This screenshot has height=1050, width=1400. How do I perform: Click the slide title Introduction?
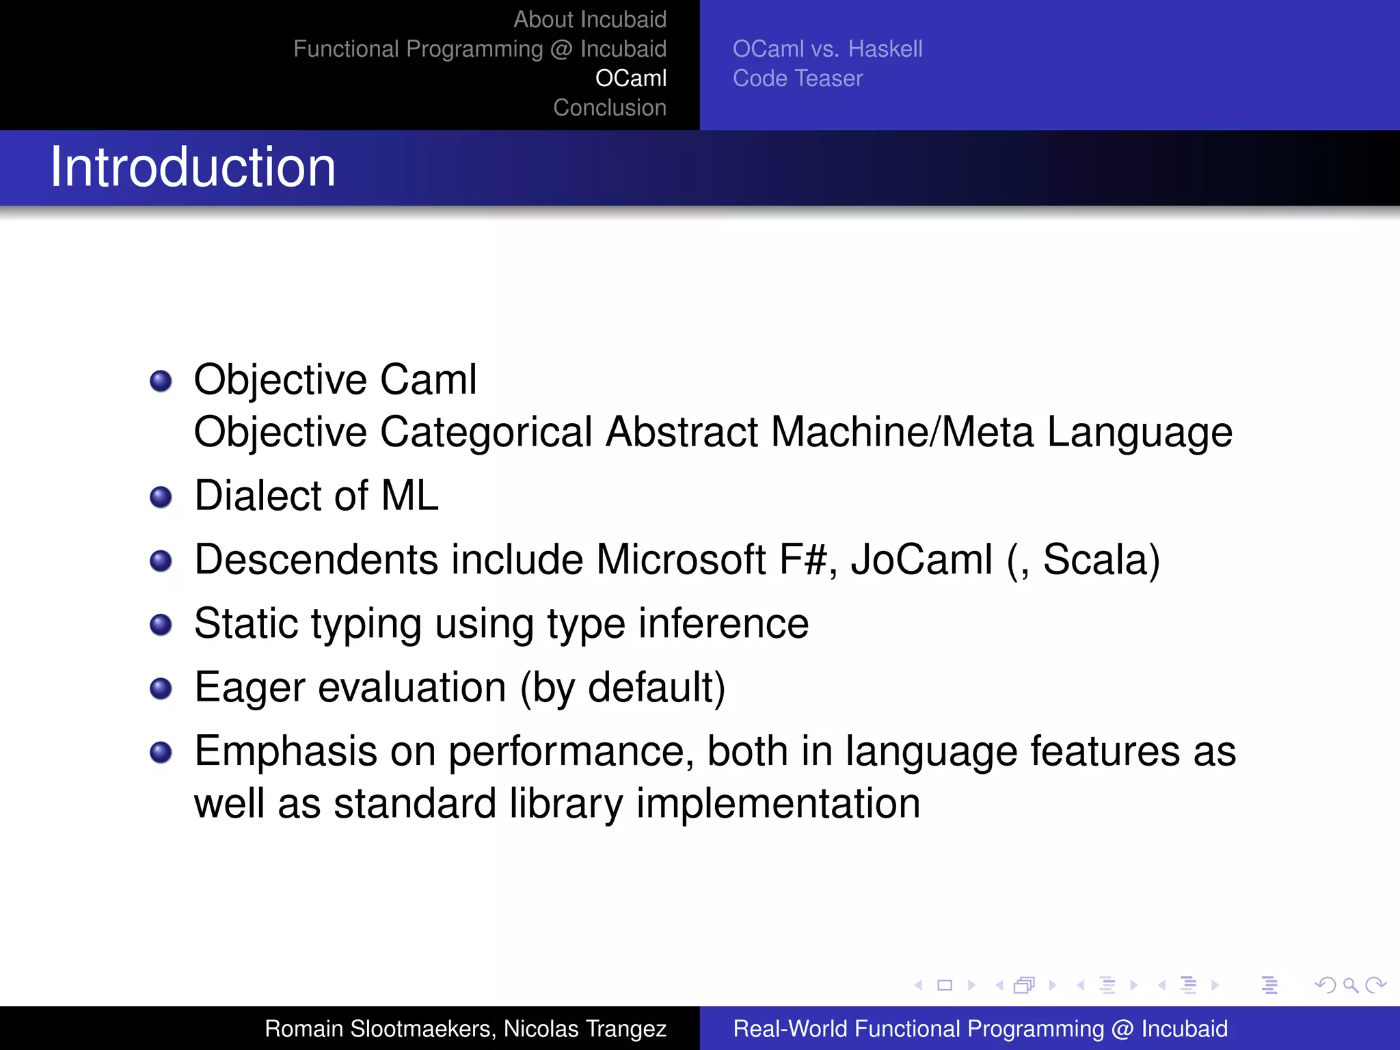click(x=193, y=167)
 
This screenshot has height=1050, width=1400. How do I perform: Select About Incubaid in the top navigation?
click(x=589, y=20)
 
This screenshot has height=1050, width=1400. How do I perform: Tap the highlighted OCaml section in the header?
click(x=630, y=79)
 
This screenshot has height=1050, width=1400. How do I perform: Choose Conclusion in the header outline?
click(x=609, y=108)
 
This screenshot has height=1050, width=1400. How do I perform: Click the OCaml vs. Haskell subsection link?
click(x=827, y=49)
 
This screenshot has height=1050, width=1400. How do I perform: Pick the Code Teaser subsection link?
click(x=797, y=79)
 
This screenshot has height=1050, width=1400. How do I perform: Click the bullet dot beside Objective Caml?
click(x=161, y=381)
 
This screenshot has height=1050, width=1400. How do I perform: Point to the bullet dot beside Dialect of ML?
click(x=161, y=497)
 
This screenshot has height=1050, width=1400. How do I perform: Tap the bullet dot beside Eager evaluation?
click(x=161, y=688)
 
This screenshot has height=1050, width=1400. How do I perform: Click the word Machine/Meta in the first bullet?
click(x=902, y=433)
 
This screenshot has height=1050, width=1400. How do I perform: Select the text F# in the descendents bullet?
click(x=806, y=560)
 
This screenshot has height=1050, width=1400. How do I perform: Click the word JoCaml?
click(x=921, y=560)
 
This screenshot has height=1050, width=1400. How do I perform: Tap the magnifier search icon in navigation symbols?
click(x=1350, y=985)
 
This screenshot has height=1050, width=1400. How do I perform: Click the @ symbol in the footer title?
click(x=1122, y=1029)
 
